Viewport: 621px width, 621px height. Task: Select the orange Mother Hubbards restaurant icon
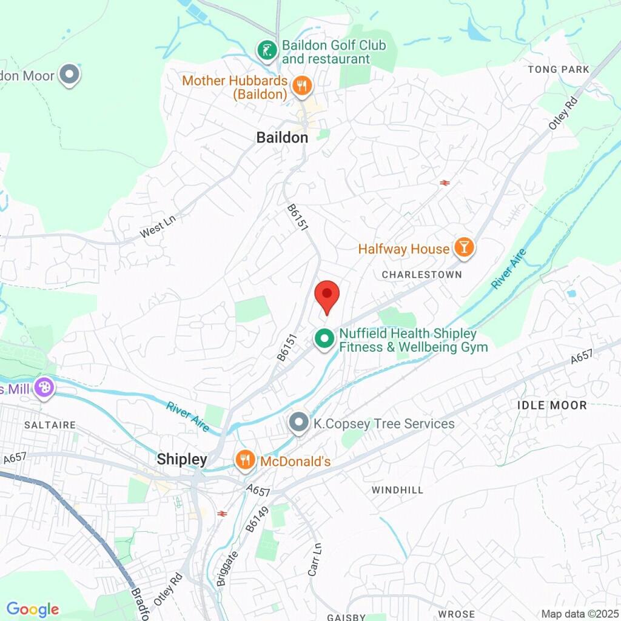tap(301, 87)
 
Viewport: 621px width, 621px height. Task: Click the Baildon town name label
tap(282, 138)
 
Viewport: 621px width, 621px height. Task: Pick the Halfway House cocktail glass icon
tap(464, 247)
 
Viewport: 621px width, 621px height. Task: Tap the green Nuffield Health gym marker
tap(324, 339)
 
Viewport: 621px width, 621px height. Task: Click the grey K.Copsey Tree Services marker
tap(298, 423)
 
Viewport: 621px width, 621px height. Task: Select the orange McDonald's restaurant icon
tap(244, 460)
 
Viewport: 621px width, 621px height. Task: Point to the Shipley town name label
tap(182, 459)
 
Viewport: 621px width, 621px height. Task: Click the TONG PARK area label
tap(559, 70)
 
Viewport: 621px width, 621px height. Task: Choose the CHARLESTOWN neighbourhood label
tap(421, 275)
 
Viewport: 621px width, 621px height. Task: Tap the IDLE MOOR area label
tap(552, 405)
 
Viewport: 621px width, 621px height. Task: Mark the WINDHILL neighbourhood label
tap(398, 490)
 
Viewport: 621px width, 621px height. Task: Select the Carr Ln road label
tap(314, 563)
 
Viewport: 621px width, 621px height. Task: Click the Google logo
tap(33, 609)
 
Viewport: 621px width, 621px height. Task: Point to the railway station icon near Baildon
tap(445, 182)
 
